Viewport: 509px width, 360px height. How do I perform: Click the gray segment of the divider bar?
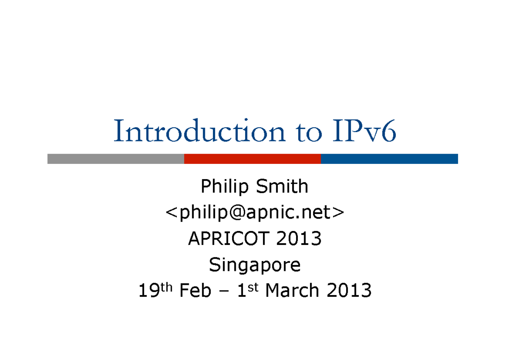pos(115,159)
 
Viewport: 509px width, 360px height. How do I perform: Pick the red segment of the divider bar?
pos(252,159)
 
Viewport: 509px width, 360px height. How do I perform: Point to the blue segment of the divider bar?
pos(389,159)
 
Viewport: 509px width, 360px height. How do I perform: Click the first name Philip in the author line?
pos(225,187)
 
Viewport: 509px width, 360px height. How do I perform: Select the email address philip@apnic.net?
pos(255,213)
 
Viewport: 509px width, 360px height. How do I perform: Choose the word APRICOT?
pos(230,239)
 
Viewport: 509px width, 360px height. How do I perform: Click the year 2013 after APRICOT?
pos(299,239)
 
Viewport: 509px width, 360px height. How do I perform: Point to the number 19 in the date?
pos(148,291)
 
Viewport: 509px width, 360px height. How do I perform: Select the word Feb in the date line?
pos(195,291)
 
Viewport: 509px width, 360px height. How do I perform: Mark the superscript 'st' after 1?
pos(253,287)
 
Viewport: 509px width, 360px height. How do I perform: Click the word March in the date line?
pos(292,291)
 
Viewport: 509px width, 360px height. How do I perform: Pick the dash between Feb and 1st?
pos(224,292)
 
